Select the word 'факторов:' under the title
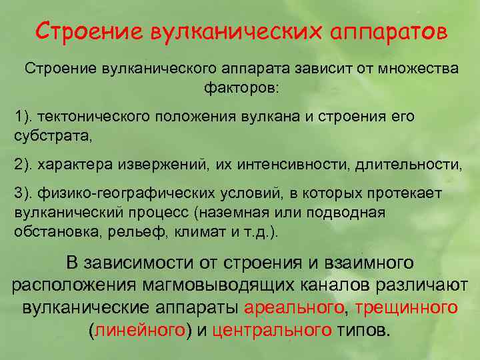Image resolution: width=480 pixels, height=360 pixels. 241,87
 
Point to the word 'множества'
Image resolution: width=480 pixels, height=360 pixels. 415,69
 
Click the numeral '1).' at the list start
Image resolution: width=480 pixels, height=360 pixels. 23,117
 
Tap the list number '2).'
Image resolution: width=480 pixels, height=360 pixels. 23,163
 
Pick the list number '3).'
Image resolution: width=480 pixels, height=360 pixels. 23,193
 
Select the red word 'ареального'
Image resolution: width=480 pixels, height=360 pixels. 295,307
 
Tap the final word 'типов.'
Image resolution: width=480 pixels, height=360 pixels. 363,330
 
